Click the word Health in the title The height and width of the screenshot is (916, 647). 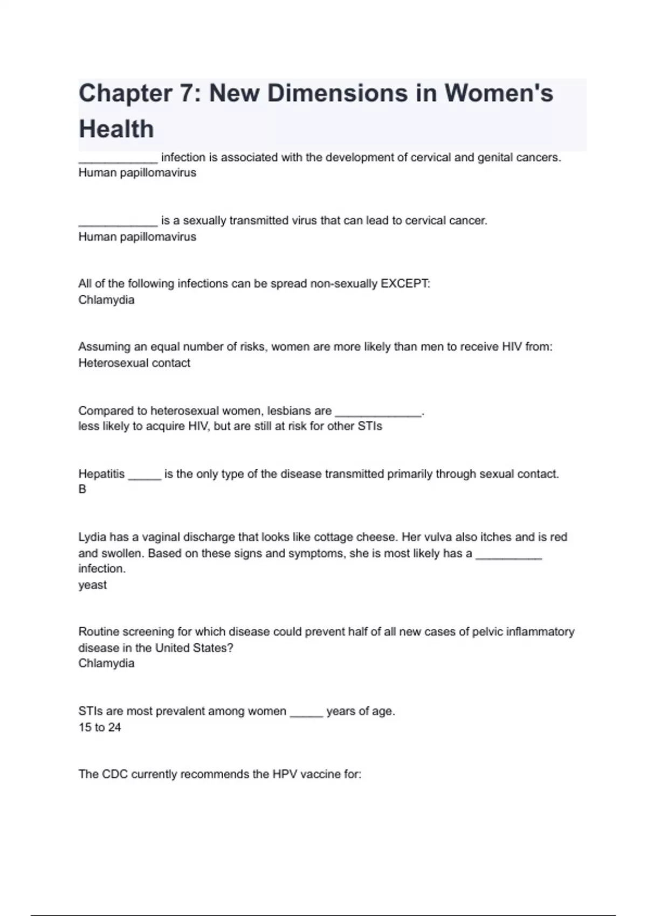(x=116, y=129)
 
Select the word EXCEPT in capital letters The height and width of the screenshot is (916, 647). (x=405, y=284)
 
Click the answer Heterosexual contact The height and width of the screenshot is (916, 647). (x=134, y=363)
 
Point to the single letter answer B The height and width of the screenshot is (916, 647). (x=82, y=489)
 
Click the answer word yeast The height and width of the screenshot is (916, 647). (x=92, y=585)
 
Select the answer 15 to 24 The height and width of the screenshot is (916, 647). (x=100, y=727)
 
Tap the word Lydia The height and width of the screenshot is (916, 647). (x=92, y=537)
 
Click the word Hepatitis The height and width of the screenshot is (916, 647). (x=101, y=474)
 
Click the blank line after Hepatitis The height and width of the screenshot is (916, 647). (x=144, y=477)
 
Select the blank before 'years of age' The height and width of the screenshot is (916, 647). (x=306, y=714)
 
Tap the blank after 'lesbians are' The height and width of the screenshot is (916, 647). (x=378, y=414)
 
